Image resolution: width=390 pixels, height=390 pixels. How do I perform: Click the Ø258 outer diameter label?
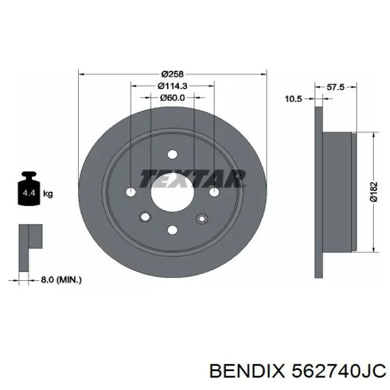pos(172,74)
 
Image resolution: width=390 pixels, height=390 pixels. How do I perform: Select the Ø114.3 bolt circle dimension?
pos(172,86)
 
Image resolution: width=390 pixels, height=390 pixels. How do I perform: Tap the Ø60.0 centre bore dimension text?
pos(172,97)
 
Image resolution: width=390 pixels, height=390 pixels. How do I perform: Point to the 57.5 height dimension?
pos(335,87)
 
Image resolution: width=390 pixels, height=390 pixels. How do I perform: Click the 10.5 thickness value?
pos(293,99)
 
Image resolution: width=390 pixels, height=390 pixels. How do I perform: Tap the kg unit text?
pos(48,194)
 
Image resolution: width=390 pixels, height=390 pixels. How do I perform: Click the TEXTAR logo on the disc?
pos(192,178)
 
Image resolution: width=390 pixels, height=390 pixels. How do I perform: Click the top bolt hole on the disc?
pos(172,154)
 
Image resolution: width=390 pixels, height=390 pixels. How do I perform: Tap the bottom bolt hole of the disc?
pos(172,230)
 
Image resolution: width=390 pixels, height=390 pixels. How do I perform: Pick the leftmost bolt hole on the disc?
pos(131,192)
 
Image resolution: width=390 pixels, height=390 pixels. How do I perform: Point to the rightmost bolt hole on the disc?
pos(214,192)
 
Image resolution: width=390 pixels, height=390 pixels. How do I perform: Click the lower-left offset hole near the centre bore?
pos(145,217)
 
